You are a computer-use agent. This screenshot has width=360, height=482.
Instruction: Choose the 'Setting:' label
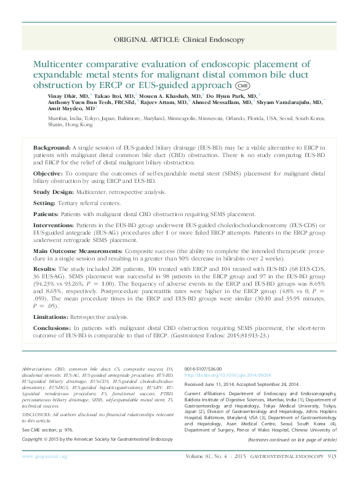(x=44, y=202)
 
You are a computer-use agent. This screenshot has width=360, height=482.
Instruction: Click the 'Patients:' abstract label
(x=46, y=214)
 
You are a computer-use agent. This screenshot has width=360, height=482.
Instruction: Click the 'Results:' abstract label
(x=45, y=269)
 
